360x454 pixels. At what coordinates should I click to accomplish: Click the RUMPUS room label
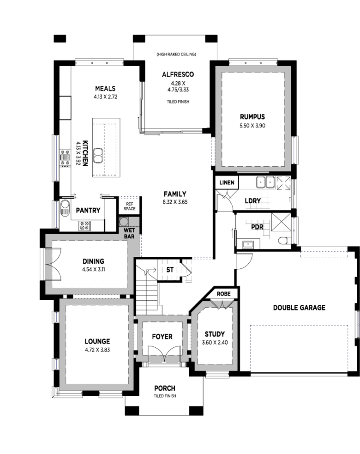pyautogui.click(x=252, y=117)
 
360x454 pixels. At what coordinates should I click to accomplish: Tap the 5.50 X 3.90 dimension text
pyautogui.click(x=252, y=126)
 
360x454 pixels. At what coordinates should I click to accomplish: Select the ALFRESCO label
pyautogui.click(x=178, y=74)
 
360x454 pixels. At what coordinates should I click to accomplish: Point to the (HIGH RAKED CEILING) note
pyautogui.click(x=176, y=54)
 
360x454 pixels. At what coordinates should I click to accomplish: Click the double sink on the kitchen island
pyautogui.click(x=98, y=156)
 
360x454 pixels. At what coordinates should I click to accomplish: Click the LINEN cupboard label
pyautogui.click(x=227, y=182)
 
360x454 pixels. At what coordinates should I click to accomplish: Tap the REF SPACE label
pyautogui.click(x=129, y=206)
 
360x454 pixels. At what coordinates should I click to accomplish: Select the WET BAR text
pyautogui.click(x=129, y=233)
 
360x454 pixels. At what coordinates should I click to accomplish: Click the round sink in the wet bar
pyautogui.click(x=124, y=222)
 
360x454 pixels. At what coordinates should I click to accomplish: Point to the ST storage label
pyautogui.click(x=170, y=270)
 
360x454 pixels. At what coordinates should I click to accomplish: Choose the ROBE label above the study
pyautogui.click(x=223, y=294)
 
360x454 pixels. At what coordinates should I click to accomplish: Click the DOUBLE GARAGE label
pyautogui.click(x=299, y=308)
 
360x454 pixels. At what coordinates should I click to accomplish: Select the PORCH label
pyautogui.click(x=164, y=388)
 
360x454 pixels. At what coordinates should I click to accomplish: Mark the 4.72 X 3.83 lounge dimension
pyautogui.click(x=97, y=350)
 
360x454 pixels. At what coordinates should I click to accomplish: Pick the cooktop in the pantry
pyautogui.click(x=84, y=226)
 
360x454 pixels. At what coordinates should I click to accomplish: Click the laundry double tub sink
pyautogui.click(x=265, y=182)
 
